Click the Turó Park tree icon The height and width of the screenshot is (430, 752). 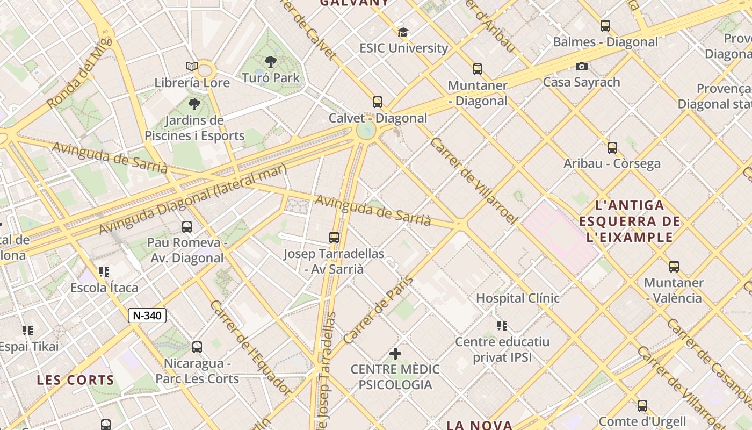(x=271, y=62)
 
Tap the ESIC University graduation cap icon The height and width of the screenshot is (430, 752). (x=403, y=32)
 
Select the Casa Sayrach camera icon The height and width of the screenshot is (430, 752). (x=581, y=67)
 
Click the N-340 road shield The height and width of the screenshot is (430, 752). (x=147, y=316)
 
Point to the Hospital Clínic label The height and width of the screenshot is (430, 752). (x=518, y=298)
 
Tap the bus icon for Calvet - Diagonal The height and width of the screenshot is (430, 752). (x=378, y=102)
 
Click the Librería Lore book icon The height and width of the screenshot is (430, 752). (x=192, y=67)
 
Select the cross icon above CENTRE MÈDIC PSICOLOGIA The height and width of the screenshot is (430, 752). (x=395, y=354)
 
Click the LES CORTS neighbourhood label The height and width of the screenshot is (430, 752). (x=76, y=380)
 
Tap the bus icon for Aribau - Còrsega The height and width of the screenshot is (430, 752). (x=612, y=148)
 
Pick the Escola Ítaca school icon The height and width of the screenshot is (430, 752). (x=104, y=272)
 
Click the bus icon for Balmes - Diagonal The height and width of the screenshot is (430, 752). (x=605, y=26)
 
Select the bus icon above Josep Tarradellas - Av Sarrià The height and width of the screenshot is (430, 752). (x=334, y=237)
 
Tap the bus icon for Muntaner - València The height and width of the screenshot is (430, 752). (x=674, y=267)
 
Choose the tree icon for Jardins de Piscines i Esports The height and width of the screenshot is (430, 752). (x=194, y=104)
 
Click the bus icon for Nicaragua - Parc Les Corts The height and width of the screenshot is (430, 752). (x=197, y=347)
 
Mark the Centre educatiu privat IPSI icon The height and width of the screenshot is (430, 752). (x=502, y=325)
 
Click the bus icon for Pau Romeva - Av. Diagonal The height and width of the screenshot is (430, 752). (x=187, y=227)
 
